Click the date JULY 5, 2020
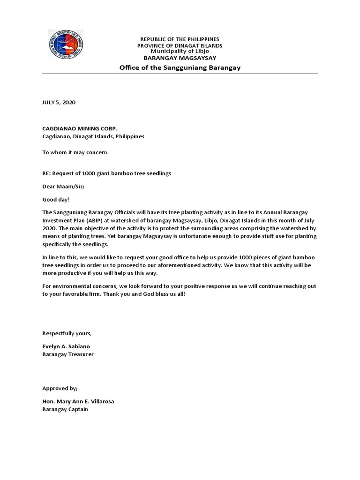pos(59,102)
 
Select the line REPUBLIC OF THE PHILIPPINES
pos(180,39)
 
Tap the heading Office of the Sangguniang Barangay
pos(180,67)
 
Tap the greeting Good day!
pos(56,199)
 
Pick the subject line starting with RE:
pos(106,173)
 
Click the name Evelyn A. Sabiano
pos(67,347)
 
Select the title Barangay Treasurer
pos(68,354)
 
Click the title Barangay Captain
pos(65,409)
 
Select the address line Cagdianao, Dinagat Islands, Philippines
pos(93,136)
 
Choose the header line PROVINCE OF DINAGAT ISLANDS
pos(180,45)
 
